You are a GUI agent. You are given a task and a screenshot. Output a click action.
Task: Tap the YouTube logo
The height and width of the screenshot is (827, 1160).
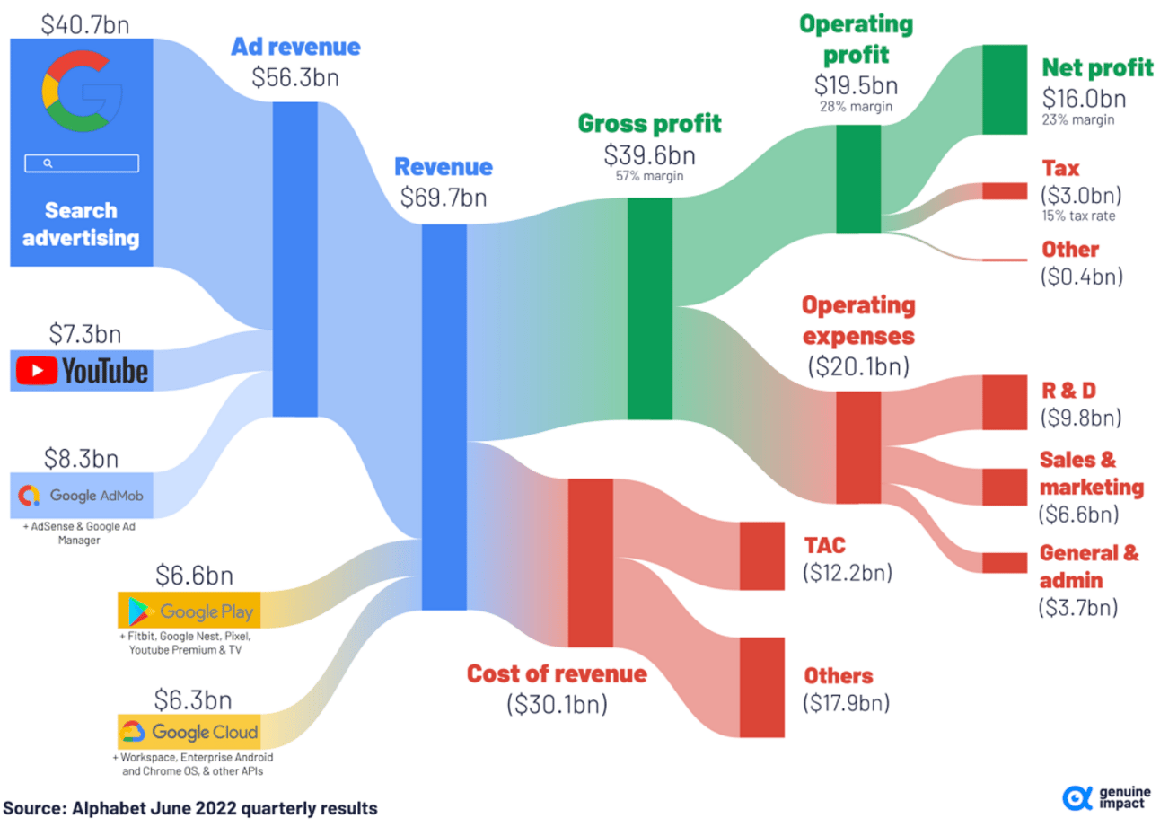[x=82, y=370]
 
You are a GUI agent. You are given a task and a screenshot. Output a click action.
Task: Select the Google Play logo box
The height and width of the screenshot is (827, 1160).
[x=189, y=611]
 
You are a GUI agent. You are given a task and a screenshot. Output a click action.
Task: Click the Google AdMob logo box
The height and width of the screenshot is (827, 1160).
[x=82, y=495]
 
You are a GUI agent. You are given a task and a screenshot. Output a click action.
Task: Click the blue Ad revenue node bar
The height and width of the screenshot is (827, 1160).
[x=294, y=260]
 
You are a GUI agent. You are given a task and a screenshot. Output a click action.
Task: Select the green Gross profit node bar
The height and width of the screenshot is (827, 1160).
[x=649, y=308]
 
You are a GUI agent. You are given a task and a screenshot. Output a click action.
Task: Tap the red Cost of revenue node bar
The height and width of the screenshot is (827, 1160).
[x=590, y=563]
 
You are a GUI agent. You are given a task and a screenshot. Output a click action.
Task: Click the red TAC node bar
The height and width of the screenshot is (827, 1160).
[x=761, y=555]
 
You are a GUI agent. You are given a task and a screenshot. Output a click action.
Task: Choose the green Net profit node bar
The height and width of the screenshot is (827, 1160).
[x=1004, y=90]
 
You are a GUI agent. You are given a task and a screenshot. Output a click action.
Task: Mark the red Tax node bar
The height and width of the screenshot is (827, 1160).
[x=1004, y=191]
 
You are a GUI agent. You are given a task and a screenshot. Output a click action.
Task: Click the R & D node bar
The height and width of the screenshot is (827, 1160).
[x=1004, y=403]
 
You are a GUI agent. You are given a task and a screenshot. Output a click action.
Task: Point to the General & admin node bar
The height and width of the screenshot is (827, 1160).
[x=1004, y=563]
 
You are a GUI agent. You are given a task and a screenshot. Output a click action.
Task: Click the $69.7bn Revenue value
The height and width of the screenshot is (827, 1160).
[x=444, y=197]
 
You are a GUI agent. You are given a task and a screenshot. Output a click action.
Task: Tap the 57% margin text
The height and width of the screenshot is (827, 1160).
[x=649, y=176]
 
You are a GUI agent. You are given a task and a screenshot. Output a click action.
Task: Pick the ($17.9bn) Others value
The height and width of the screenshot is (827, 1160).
[x=847, y=703]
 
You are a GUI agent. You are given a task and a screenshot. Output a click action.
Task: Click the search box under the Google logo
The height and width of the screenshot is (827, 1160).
[x=82, y=163]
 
